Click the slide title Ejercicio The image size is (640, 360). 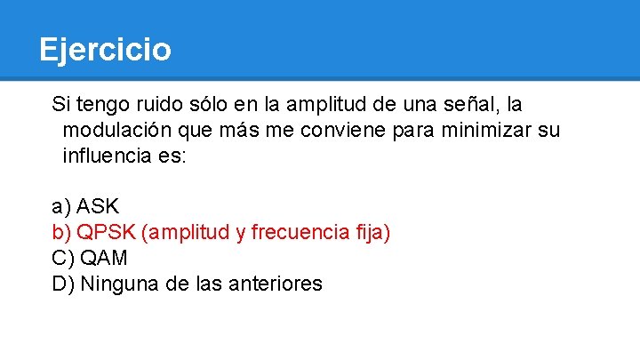click(x=105, y=49)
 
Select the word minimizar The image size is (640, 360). click(x=486, y=131)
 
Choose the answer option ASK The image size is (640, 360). click(x=98, y=207)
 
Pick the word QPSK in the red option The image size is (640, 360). click(x=106, y=233)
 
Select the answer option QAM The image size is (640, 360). click(x=104, y=259)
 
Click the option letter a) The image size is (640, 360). click(x=61, y=207)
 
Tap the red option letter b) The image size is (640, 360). click(x=61, y=233)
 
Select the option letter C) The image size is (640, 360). click(x=63, y=259)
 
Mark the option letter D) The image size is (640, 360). click(x=63, y=284)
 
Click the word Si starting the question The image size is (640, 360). click(x=60, y=104)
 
